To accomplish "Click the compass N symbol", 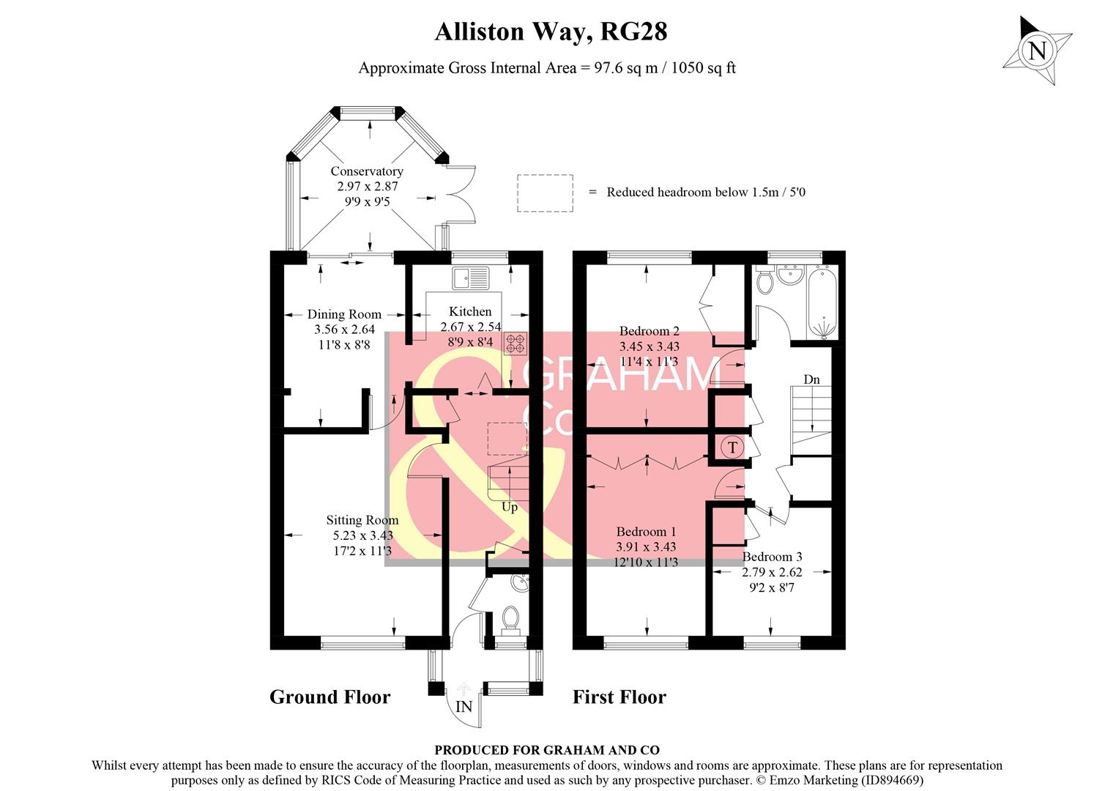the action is pyautogui.click(x=1036, y=51).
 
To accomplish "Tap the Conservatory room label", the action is pyautogui.click(x=367, y=171).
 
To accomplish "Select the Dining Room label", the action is pyautogui.click(x=344, y=315).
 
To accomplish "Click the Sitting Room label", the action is pyautogui.click(x=362, y=520).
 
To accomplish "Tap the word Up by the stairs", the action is pyautogui.click(x=510, y=507).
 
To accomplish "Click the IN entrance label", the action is pyautogui.click(x=464, y=707).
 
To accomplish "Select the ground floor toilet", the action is pyautogui.click(x=510, y=619).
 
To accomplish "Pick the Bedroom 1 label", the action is pyautogui.click(x=646, y=532).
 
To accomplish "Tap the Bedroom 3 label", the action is pyautogui.click(x=772, y=557).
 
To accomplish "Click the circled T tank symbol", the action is pyautogui.click(x=733, y=447).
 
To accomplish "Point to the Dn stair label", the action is pyautogui.click(x=811, y=379).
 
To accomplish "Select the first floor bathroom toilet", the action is pyautogui.click(x=764, y=280).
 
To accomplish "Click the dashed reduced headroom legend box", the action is pyautogui.click(x=545, y=193).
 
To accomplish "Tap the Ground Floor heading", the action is pyautogui.click(x=330, y=697).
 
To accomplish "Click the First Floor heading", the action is pyautogui.click(x=619, y=697).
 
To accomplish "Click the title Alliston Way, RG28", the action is pyautogui.click(x=551, y=32).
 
